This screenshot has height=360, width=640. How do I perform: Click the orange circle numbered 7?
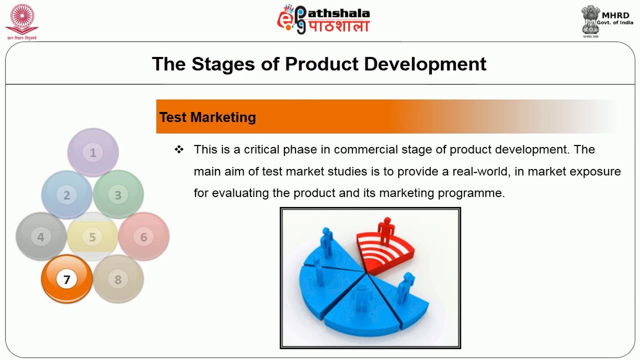(66, 278)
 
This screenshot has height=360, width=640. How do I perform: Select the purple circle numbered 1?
(93, 152)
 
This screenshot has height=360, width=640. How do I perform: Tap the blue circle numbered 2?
(66, 195)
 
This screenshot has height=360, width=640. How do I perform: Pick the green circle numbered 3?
(118, 195)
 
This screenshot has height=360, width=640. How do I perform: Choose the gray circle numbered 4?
(41, 237)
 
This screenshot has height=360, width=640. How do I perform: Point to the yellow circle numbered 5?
(92, 237)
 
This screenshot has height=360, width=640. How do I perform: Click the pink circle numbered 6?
(144, 237)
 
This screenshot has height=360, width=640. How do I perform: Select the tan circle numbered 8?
(118, 279)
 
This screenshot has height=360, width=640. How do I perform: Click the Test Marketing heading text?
(207, 117)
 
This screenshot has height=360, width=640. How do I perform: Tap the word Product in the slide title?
(321, 64)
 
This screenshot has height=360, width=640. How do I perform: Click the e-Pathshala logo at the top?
(323, 19)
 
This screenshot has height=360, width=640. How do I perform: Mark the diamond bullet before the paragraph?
(179, 149)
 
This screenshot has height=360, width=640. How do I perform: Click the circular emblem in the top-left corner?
(21, 18)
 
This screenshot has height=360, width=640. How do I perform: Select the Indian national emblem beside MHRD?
(590, 20)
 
